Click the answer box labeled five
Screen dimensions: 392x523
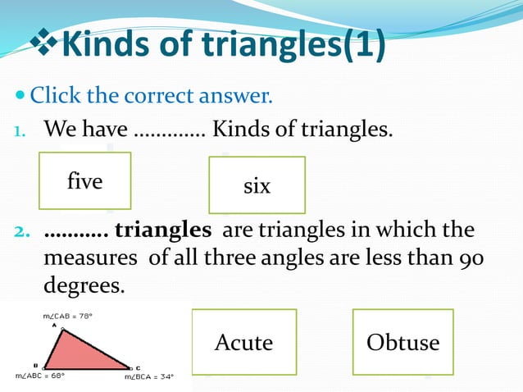tap(84, 180)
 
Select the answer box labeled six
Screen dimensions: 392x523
tap(257, 185)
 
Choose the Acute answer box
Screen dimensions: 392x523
tap(243, 341)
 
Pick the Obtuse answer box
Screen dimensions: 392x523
tap(402, 341)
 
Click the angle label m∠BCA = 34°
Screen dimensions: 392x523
tap(149, 378)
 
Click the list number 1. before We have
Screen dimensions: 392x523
tap(23, 129)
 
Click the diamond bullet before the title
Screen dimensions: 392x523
tap(45, 43)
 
